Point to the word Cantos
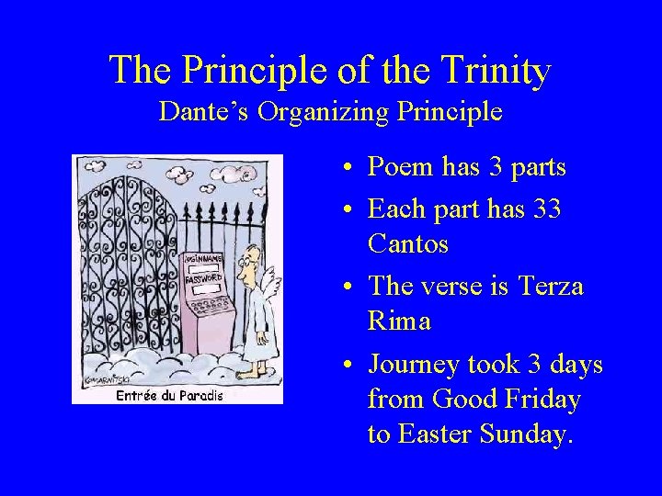click(x=407, y=244)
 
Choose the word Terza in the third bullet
click(x=551, y=287)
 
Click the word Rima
click(x=400, y=322)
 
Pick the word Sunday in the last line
click(x=531, y=434)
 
